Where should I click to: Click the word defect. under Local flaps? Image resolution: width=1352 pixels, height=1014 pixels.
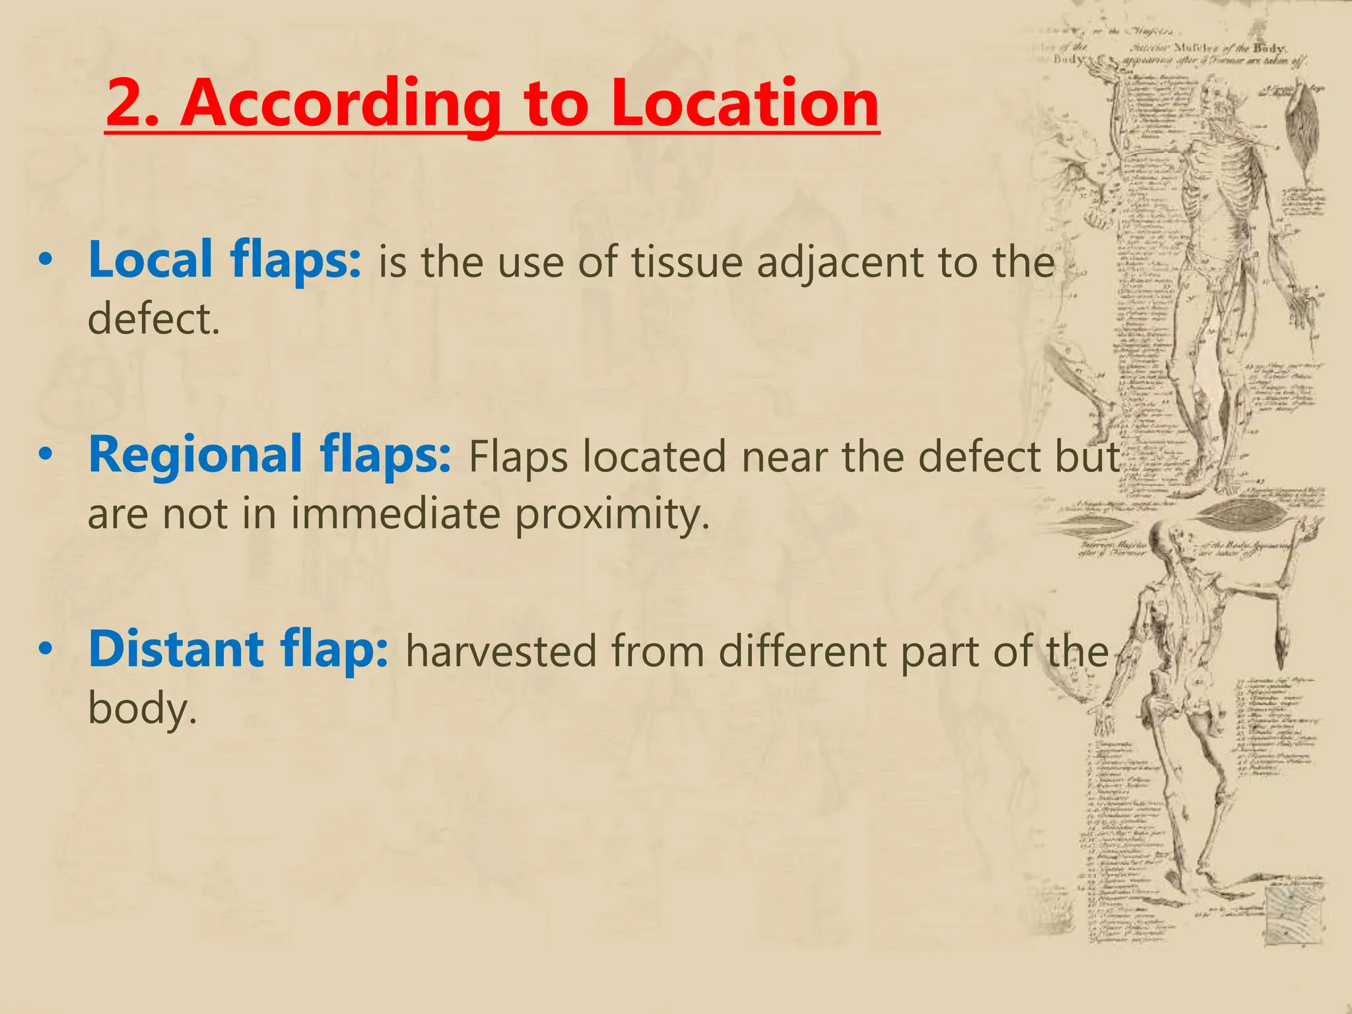[153, 319]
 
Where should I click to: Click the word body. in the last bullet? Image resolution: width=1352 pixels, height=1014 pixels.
[143, 709]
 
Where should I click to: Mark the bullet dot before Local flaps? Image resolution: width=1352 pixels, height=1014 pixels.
[45, 260]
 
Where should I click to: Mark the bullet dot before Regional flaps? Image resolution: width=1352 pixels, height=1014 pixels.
[45, 455]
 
